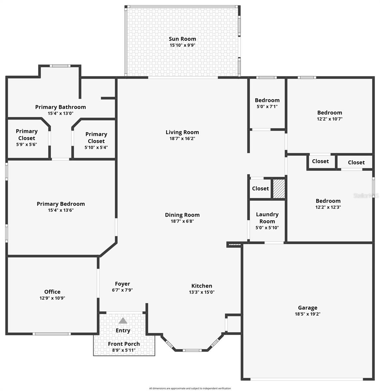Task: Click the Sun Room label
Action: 182,39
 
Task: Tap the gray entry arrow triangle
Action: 123,321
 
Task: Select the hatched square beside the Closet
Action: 279,188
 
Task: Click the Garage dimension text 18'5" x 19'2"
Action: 307,314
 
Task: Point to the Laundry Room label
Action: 267,218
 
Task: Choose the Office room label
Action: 52,292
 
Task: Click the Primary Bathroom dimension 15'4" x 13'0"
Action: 61,113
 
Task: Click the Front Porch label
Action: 124,344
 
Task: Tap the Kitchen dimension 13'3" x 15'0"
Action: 202,292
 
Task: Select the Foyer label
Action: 122,284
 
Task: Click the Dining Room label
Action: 182,215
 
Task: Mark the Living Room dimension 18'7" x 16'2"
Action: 182,138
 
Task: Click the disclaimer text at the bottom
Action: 190,388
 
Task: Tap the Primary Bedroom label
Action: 61,204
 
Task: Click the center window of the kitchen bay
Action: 192,350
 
